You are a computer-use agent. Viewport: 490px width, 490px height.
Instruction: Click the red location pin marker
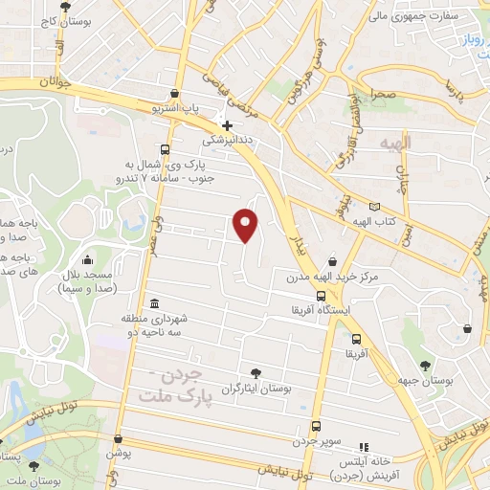click(246, 224)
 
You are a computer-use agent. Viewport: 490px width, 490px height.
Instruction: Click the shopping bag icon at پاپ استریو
click(174, 94)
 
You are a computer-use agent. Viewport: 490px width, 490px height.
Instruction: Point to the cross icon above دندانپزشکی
click(226, 124)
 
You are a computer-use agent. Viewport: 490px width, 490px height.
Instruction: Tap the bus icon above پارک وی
click(166, 150)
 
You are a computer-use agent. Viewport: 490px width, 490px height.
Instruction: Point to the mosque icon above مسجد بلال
click(88, 259)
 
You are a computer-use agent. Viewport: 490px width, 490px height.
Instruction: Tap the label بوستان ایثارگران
click(254, 390)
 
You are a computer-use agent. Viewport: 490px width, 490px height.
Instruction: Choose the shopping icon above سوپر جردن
click(316, 427)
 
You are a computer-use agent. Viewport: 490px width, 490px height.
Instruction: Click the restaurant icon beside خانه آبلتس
click(363, 447)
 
